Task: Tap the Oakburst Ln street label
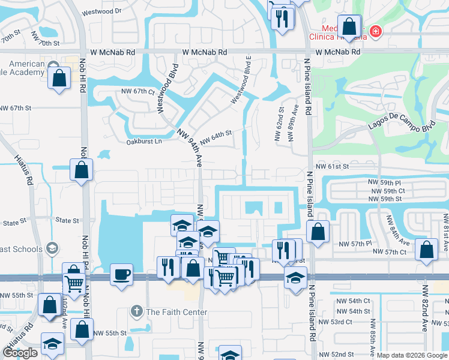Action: (145, 142)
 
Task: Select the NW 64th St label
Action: (215, 137)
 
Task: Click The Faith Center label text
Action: (176, 312)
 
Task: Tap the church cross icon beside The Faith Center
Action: (137, 312)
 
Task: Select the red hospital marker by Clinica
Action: (376, 31)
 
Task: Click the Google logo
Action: (20, 353)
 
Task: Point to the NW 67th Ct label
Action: (137, 91)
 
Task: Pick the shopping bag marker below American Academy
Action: (59, 78)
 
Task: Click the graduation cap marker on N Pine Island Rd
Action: (295, 278)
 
